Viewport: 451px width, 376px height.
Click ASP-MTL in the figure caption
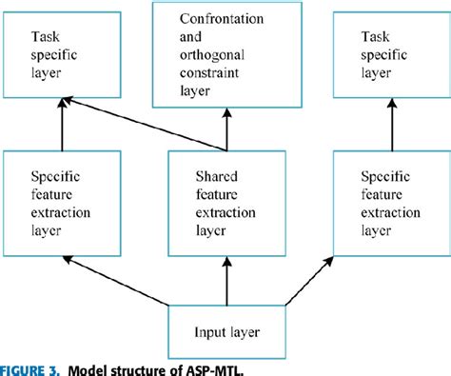[x=234, y=366]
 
